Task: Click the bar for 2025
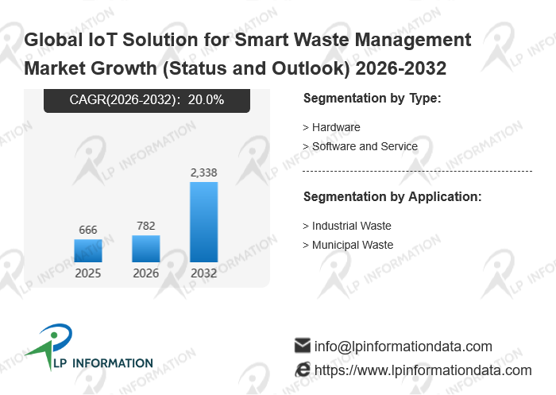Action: coord(88,250)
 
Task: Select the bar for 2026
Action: coord(145,249)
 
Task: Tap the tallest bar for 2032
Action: coord(204,223)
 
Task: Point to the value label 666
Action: coord(88,230)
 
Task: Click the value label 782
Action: coord(145,226)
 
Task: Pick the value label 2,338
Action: coord(204,172)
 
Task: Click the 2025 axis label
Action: coord(88,273)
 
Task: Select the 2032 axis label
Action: coord(204,273)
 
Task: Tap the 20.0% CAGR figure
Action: coord(206,99)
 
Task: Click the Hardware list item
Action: coord(331,127)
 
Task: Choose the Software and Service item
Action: coord(361,146)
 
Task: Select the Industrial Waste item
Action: coord(347,226)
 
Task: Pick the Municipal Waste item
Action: coord(348,246)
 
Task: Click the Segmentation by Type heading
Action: coord(373,99)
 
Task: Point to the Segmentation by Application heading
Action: coord(392,197)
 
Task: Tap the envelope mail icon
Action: coord(303,346)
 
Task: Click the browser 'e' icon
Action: coord(303,370)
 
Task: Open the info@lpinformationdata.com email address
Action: coord(403,347)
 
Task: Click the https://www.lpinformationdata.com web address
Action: coord(423,371)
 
